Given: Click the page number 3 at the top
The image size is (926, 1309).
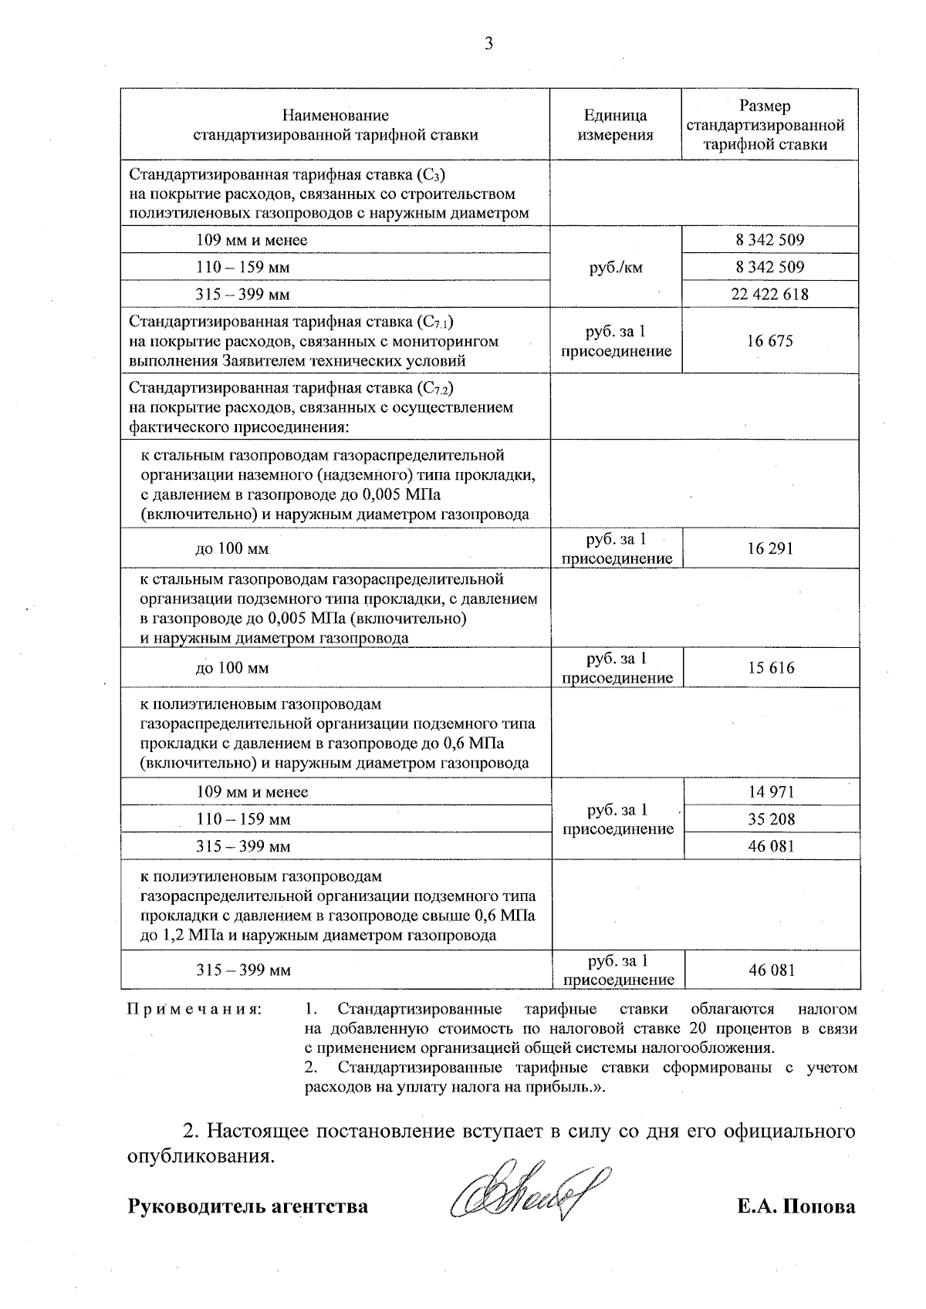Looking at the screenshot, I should pyautogui.click(x=488, y=43).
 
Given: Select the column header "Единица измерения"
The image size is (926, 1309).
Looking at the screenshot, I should pyautogui.click(x=615, y=125).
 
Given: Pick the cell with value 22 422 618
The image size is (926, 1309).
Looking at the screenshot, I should pyautogui.click(x=769, y=294).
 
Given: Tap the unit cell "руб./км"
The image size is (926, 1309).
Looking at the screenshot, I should pyautogui.click(x=615, y=267).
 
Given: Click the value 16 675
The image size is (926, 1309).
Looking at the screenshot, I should pyautogui.click(x=769, y=341).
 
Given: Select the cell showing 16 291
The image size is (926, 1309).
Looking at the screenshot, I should pyautogui.click(x=770, y=548).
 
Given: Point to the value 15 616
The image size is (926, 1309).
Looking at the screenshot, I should pyautogui.click(x=770, y=668).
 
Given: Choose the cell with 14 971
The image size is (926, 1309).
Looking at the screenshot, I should pyautogui.click(x=771, y=791).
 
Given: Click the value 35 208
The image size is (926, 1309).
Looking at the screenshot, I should pyautogui.click(x=771, y=819).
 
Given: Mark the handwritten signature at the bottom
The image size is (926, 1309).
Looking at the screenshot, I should pyautogui.click(x=532, y=1193).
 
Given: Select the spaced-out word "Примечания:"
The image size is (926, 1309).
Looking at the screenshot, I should pyautogui.click(x=194, y=1009).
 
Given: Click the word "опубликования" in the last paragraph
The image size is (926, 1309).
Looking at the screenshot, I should pyautogui.click(x=198, y=1157).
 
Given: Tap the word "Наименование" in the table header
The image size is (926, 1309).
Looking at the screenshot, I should pyautogui.click(x=335, y=116).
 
